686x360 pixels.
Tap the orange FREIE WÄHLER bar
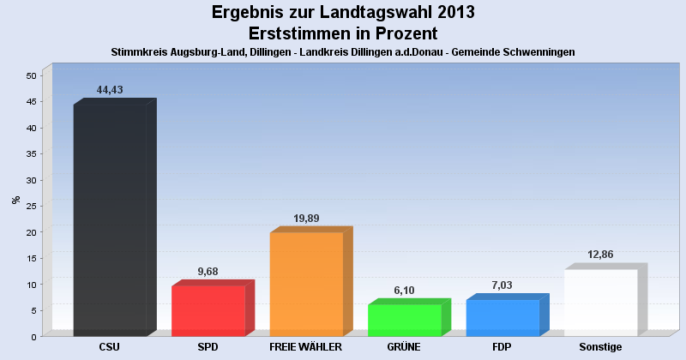[306, 284]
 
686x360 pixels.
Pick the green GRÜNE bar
[404, 320]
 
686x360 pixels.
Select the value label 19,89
[306, 219]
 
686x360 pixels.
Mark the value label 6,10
[405, 291]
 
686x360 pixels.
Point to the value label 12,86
[600, 255]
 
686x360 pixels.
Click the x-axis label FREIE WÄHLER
[306, 347]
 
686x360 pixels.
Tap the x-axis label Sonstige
[600, 347]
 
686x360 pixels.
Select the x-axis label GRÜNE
[404, 347]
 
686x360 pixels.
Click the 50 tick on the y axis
[31, 75]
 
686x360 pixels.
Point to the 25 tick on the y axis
[31, 206]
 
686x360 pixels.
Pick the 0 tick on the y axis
[33, 336]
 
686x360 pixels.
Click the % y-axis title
[15, 200]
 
